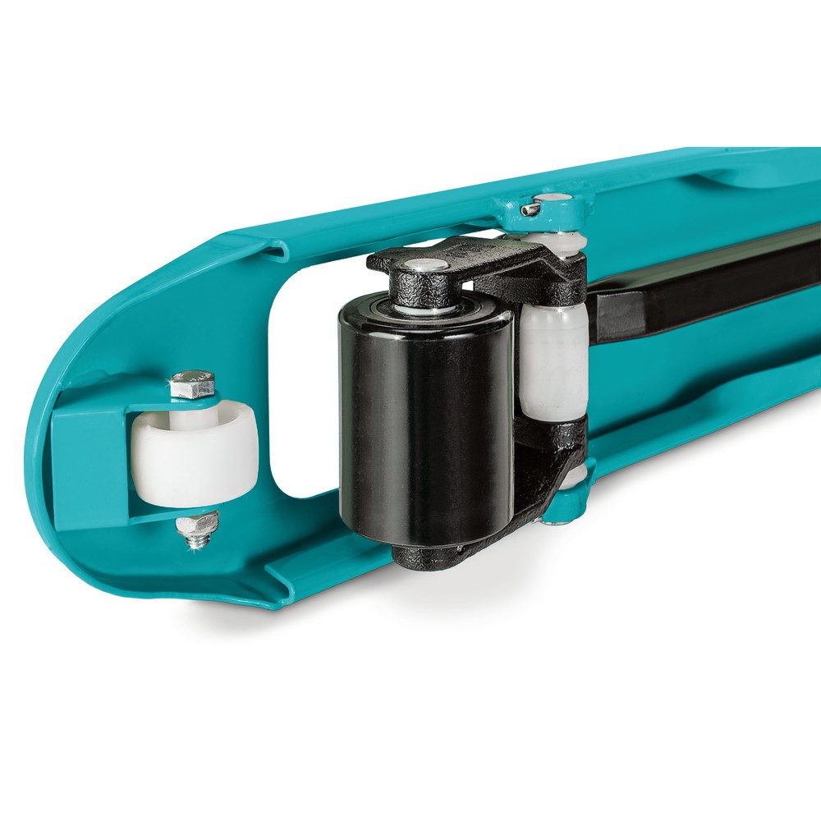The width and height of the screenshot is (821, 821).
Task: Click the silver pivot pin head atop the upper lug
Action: (555, 198)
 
